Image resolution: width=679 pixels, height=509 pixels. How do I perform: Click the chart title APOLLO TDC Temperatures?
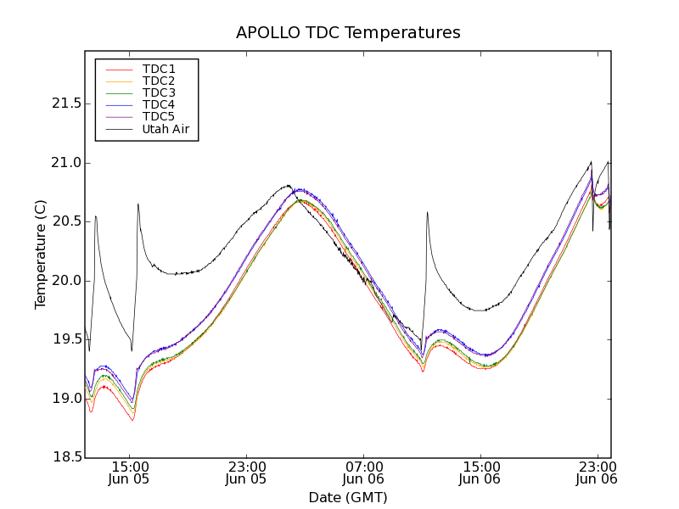348,33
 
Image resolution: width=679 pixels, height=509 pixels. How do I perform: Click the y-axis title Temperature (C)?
40,255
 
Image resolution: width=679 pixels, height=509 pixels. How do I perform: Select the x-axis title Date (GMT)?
348,497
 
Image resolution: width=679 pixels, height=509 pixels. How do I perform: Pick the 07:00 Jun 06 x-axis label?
363,473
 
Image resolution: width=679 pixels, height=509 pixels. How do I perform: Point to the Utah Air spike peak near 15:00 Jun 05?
137,204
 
